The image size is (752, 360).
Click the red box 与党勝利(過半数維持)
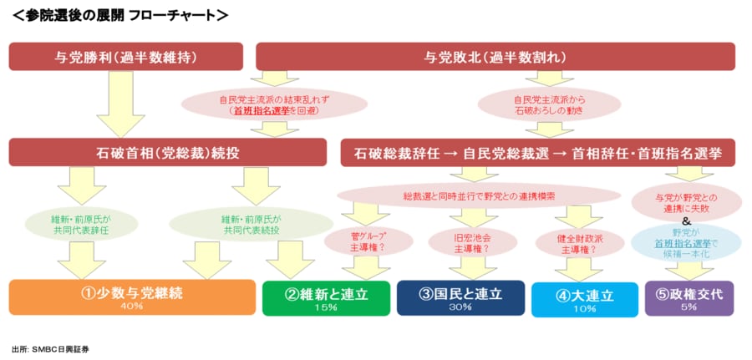pyautogui.click(x=125, y=57)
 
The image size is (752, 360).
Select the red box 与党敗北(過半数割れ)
pyautogui.click(x=495, y=57)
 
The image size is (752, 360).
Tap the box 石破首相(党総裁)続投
pyautogui.click(x=167, y=153)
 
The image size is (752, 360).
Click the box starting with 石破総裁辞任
pyautogui.click(x=538, y=153)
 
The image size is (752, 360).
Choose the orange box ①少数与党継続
pyautogui.click(x=132, y=297)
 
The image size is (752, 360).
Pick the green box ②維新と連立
pyautogui.click(x=326, y=297)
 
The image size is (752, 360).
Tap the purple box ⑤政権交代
pyautogui.click(x=689, y=297)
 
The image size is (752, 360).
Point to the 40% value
pyautogui.click(x=132, y=307)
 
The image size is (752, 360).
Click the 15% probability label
pyautogui.click(x=326, y=307)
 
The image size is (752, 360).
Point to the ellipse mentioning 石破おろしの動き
pyautogui.click(x=548, y=104)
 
